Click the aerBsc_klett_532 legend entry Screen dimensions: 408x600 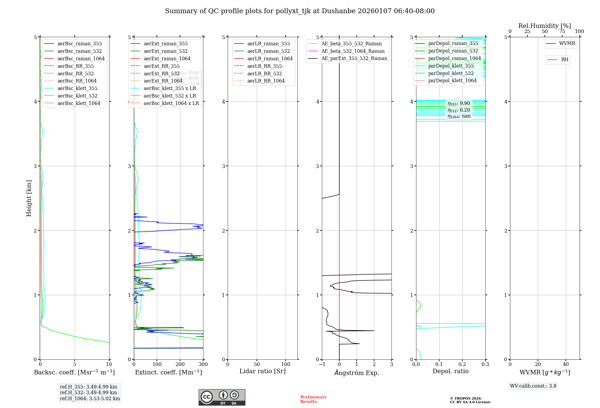[77, 96]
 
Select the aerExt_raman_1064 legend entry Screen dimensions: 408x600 [167, 58]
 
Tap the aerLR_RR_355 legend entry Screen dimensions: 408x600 [264, 66]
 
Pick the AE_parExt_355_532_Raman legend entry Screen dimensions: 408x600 [354, 58]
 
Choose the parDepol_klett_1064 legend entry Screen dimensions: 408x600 [452, 80]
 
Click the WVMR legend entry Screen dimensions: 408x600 [567, 43]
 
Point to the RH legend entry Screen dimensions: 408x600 [565, 60]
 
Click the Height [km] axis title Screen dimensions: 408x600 [29, 198]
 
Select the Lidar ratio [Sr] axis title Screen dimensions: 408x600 [262, 371]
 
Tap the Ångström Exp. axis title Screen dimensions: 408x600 [357, 373]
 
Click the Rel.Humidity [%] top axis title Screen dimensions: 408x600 [544, 26]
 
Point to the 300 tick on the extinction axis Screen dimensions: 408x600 [203, 364]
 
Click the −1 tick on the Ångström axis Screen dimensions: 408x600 [322, 364]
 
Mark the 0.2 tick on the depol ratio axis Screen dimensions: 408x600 [462, 364]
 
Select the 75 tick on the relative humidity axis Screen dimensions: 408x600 [562, 31]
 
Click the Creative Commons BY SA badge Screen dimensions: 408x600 [222, 397]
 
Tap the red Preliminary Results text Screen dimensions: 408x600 [313, 399]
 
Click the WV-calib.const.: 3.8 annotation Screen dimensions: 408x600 [533, 386]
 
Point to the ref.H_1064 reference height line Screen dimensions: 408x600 [90, 398]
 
